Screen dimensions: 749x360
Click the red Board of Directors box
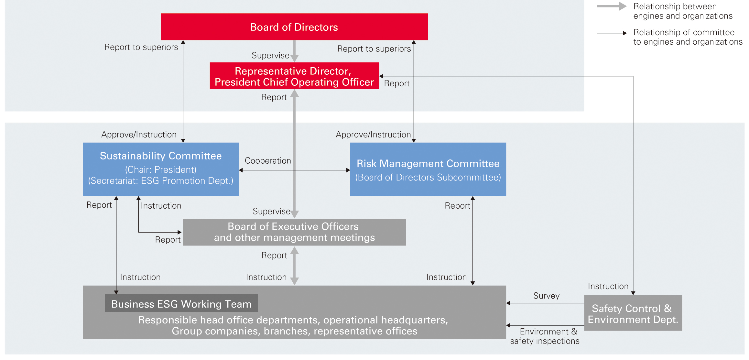coord(294,27)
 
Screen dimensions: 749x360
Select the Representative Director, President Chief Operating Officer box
coord(294,76)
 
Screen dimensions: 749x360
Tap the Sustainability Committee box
coord(161,169)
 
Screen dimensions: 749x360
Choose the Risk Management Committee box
coord(428,169)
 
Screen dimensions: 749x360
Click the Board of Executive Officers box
coord(294,232)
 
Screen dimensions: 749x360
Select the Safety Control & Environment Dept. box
coord(633,313)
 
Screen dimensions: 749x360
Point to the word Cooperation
coord(268,161)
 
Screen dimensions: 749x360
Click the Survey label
coord(546,296)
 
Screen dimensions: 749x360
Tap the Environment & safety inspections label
coord(545,336)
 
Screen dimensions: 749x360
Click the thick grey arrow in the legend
coord(612,6)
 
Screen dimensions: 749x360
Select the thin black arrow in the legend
coord(612,33)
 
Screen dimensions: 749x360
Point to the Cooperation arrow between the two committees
coord(294,170)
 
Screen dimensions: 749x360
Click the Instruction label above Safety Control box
coord(608,286)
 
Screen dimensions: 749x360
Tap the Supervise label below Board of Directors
coord(270,56)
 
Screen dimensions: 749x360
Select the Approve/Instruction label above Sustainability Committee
coord(139,135)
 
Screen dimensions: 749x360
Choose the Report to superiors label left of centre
coord(141,47)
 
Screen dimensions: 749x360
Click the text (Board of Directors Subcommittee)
coord(428,177)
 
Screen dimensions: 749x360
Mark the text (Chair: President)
coord(161,169)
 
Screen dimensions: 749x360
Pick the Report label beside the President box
coord(397,83)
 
